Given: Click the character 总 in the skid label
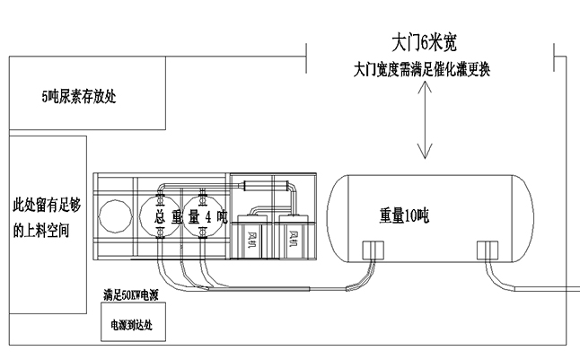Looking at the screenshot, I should [159, 216].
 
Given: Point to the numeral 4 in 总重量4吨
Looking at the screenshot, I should [208, 216].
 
